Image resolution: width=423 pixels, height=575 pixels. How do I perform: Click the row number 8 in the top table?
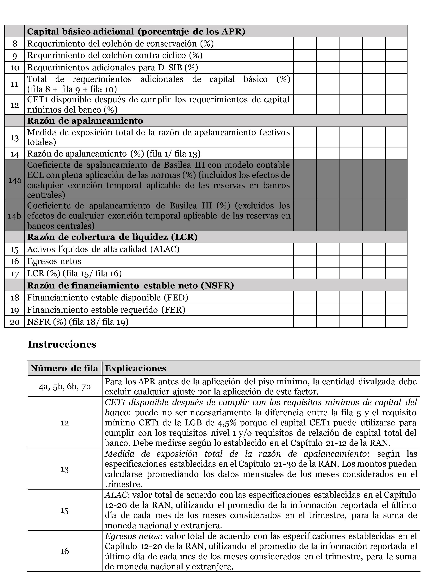click(x=15, y=44)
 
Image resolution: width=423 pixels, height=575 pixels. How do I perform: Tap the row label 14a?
click(x=15, y=180)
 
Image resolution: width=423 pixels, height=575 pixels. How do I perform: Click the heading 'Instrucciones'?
click(x=62, y=344)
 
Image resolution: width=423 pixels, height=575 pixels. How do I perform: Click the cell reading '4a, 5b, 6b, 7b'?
click(x=65, y=386)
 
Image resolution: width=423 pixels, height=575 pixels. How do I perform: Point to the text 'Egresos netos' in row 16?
click(x=54, y=261)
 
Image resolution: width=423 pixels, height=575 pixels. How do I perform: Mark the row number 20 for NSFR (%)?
click(x=15, y=322)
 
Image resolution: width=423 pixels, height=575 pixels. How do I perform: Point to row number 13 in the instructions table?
click(x=65, y=469)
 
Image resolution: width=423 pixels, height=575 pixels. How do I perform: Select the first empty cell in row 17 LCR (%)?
click(x=305, y=273)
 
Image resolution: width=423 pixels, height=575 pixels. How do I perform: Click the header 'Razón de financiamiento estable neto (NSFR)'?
click(x=131, y=285)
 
